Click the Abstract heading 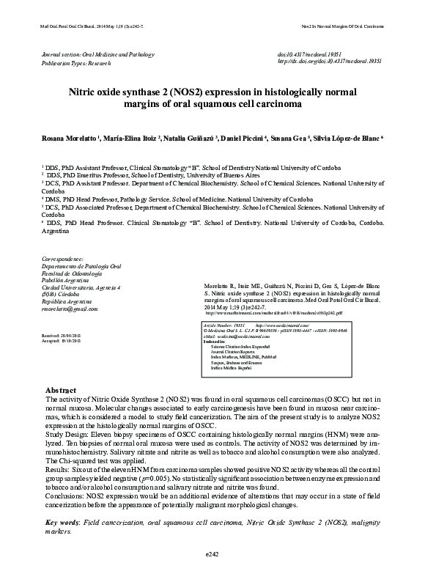(x=62, y=390)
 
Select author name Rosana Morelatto (x=63, y=138)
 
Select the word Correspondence (x=67, y=258)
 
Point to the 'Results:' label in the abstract (x=58, y=465)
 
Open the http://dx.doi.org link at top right (x=330, y=62)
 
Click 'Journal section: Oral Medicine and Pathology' (x=98, y=55)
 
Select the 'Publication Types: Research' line (x=76, y=64)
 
